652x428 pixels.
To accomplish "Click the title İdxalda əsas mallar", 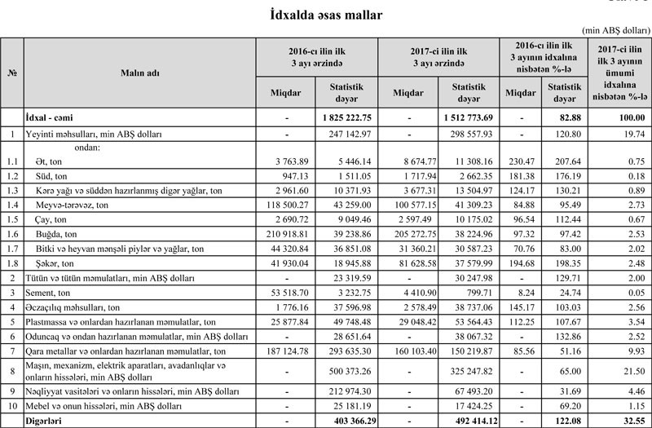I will pyautogui.click(x=325, y=15).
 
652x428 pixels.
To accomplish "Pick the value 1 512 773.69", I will pyautogui.click(x=469, y=118).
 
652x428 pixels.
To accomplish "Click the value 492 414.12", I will pyautogui.click(x=469, y=421).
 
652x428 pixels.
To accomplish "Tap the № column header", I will pyautogui.click(x=12, y=72).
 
